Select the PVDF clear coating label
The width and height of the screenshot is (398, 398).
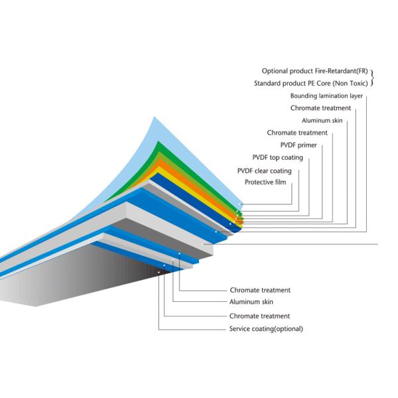coord(264,170)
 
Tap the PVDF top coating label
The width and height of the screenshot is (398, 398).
coord(277,157)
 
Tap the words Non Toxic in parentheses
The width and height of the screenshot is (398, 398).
coord(350,84)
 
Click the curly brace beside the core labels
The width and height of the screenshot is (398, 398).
coord(373,78)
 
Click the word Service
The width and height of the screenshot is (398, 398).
coord(241,329)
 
